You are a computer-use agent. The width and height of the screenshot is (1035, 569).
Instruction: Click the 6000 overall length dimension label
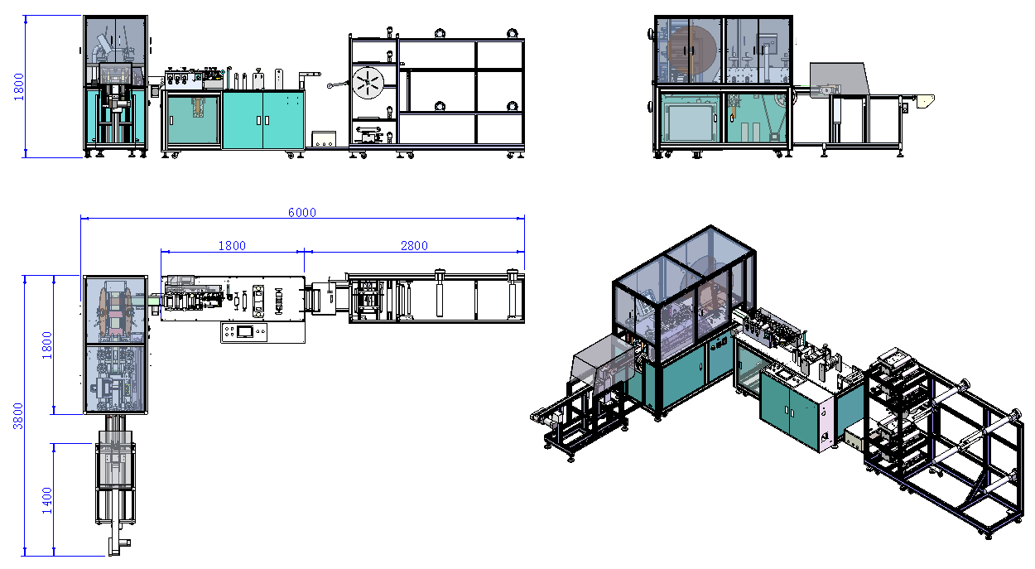(301, 212)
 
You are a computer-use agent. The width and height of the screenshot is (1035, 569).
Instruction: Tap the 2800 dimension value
(414, 245)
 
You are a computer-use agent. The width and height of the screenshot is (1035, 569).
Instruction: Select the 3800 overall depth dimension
(18, 416)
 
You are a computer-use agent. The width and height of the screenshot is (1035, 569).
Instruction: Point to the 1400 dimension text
(47, 500)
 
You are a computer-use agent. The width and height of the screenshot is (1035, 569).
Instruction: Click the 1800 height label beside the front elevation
(19, 86)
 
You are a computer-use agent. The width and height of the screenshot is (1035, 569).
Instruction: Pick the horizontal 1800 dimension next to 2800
(232, 245)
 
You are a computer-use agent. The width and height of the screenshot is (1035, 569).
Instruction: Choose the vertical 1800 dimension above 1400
(47, 345)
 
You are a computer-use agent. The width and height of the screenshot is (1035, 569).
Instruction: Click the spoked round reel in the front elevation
(368, 83)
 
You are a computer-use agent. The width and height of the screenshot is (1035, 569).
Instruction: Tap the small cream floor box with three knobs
(324, 139)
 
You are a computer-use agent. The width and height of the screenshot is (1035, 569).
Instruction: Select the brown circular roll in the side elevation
(691, 50)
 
